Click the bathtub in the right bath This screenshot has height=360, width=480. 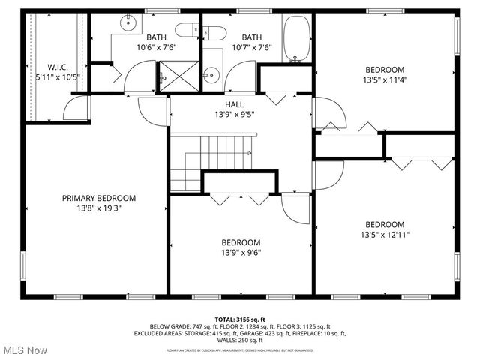click(295, 39)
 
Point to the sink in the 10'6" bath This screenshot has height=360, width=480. click(131, 23)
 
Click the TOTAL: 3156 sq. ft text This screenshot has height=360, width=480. click(240, 319)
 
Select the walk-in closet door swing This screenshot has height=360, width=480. click(77, 110)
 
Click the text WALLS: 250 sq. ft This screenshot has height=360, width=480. click(240, 338)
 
